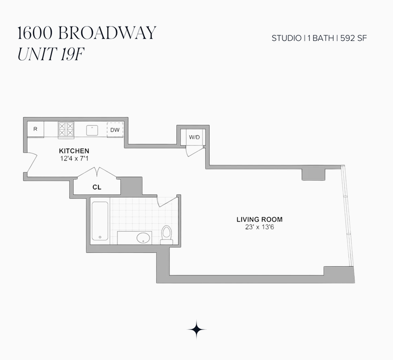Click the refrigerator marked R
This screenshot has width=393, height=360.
coord(35,129)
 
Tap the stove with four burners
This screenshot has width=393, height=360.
coord(66,130)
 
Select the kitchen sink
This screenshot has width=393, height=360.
coord(92,130)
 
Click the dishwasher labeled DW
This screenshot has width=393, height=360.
coord(115,130)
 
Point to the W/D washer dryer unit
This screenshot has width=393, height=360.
coord(194,137)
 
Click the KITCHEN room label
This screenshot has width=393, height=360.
coord(74,151)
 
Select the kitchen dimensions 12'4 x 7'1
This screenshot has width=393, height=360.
coord(74,159)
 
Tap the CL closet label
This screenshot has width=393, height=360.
coord(97,187)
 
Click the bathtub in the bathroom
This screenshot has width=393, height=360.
coord(100,221)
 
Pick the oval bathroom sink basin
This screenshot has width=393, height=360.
coord(143,238)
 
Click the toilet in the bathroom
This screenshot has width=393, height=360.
coord(167,235)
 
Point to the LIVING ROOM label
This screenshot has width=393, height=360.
coord(259,220)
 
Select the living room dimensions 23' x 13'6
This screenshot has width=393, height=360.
coord(259,227)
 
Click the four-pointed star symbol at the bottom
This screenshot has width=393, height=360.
coord(197,330)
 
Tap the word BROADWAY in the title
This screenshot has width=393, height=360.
coord(107,32)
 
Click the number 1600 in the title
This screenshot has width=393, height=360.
coord(35,33)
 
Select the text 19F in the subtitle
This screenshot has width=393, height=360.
coord(72,54)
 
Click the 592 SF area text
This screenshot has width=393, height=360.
coord(353,38)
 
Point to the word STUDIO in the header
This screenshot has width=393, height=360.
coord(286,38)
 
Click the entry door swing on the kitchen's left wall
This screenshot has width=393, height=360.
coord(32,163)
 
